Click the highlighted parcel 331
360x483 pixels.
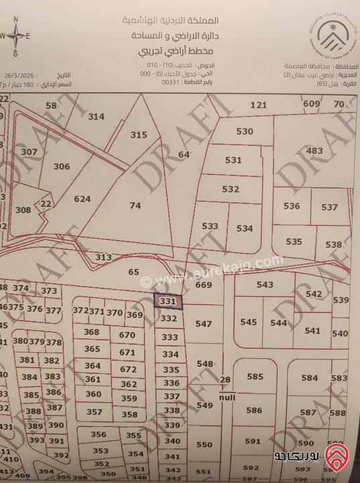(x=168, y=301)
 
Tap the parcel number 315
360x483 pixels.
(x=138, y=135)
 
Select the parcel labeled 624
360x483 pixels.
(x=82, y=199)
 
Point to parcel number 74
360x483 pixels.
(x=135, y=206)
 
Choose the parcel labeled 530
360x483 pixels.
(x=245, y=131)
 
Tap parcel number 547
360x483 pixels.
(x=204, y=323)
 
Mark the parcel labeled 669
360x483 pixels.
(x=203, y=284)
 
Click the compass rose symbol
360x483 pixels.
(x=16, y=36)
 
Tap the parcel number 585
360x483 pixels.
(x=255, y=377)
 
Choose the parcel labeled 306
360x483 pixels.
(x=62, y=166)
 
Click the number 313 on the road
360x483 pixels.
(x=103, y=257)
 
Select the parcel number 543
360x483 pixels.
(x=265, y=284)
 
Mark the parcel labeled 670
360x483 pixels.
(x=127, y=335)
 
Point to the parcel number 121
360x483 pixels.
(x=258, y=105)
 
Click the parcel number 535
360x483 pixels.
(x=294, y=241)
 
